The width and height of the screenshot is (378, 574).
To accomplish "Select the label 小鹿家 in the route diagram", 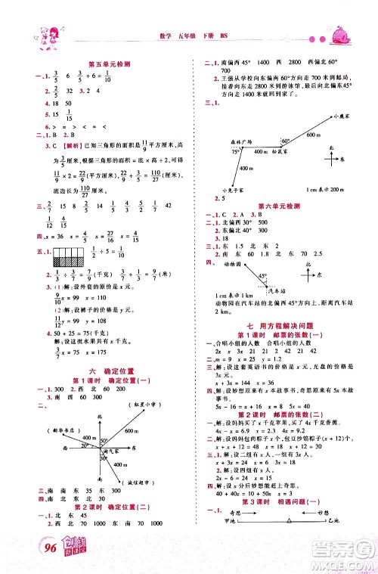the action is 342,116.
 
